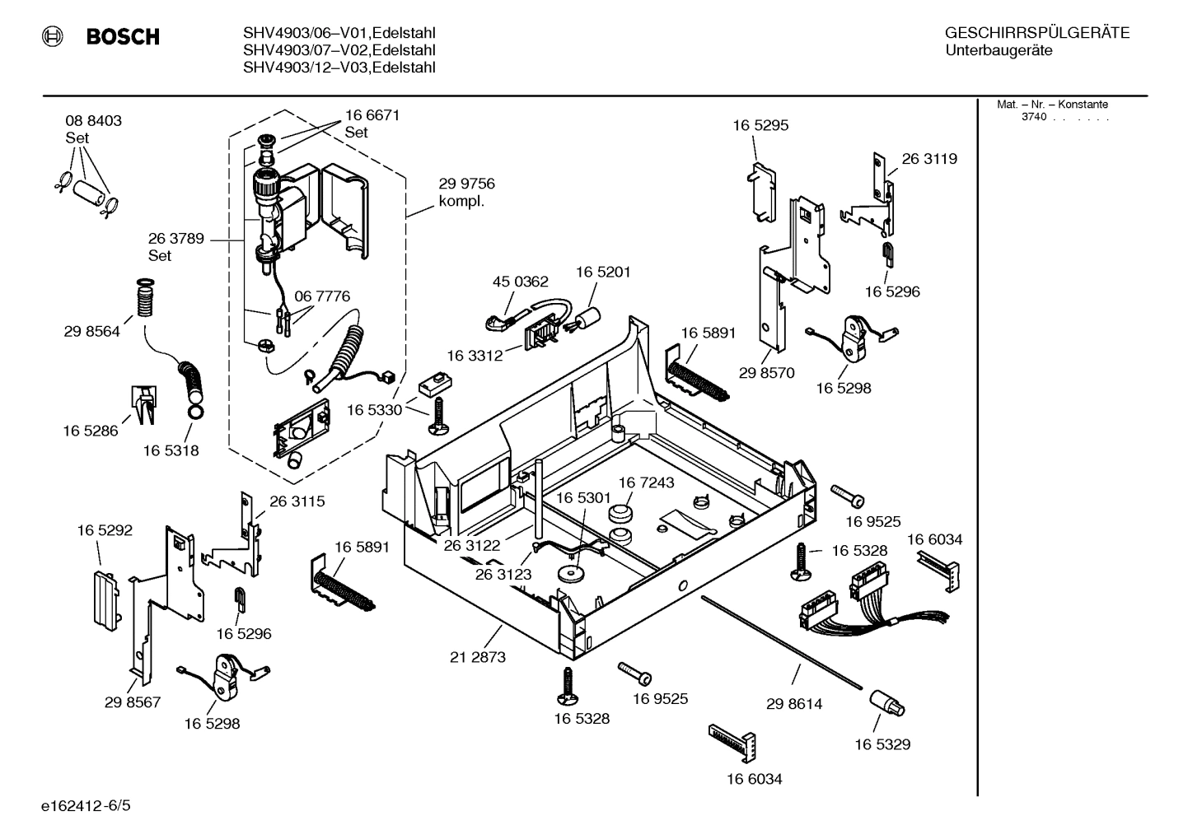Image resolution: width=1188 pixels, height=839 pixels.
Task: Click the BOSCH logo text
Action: (123, 37)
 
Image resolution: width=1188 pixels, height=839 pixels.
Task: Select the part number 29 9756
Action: (466, 184)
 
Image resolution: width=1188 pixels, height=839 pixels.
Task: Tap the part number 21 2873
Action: (478, 657)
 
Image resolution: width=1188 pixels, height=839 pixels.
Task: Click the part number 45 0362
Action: (520, 282)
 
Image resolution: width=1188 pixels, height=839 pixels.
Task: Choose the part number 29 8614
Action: (793, 704)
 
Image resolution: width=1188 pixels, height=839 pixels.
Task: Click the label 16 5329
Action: (882, 744)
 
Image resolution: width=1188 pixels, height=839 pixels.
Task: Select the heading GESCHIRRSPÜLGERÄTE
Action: (1036, 33)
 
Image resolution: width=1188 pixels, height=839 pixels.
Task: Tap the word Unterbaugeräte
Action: (999, 51)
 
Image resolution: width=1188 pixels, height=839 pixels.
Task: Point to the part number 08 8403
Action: (93, 121)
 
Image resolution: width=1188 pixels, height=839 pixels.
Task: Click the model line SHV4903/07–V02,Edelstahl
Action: (339, 50)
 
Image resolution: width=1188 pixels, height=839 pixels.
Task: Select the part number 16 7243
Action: (646, 482)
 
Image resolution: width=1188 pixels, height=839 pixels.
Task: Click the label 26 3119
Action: (929, 159)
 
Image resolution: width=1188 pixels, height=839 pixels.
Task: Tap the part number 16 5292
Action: (105, 531)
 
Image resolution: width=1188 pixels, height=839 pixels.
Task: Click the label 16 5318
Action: (171, 451)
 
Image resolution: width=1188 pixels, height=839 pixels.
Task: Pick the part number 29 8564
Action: (91, 332)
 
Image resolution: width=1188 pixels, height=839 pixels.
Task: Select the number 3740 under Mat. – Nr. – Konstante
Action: (1033, 117)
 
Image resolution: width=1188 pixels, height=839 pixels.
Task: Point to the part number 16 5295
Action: (760, 126)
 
